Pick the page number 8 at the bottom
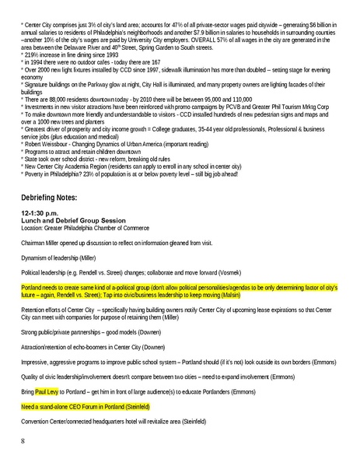(24, 442)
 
